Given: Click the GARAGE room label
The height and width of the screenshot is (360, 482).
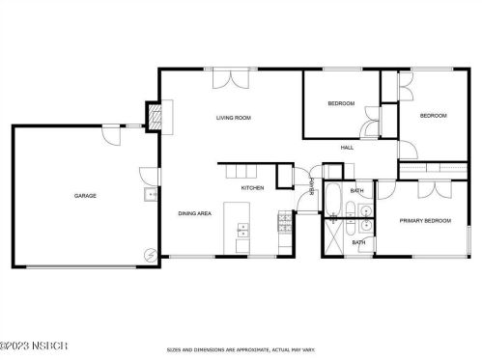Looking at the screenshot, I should [x=85, y=196].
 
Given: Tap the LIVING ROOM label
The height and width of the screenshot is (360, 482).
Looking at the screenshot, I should [x=233, y=118].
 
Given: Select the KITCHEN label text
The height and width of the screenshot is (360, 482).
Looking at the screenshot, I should [x=252, y=187].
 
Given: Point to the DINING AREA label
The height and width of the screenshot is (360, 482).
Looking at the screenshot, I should [x=194, y=213].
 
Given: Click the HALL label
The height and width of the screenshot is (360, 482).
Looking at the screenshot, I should [x=346, y=148].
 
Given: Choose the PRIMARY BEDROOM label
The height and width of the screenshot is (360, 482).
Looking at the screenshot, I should [x=426, y=221].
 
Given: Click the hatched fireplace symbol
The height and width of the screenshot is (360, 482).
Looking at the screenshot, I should [x=152, y=118].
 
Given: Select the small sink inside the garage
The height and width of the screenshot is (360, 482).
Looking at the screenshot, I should [x=150, y=196].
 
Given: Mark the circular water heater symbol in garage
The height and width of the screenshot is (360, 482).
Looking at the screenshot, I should [x=150, y=255].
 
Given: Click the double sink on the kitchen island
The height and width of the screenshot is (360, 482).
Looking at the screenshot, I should [x=241, y=230].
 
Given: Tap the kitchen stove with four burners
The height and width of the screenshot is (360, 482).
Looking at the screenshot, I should [x=284, y=228].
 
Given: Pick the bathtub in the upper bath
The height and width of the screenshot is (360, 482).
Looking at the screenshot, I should [x=332, y=199].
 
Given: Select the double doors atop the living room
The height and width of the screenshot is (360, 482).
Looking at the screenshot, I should [x=226, y=77].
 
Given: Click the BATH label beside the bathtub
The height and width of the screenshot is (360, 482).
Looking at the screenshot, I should [x=357, y=191].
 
